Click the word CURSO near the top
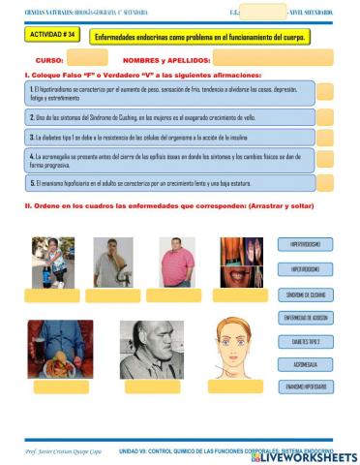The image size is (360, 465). (49, 59)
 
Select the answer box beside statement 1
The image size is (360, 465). (324, 92)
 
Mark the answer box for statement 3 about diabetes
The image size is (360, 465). (324, 138)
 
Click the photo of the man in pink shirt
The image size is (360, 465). (175, 262)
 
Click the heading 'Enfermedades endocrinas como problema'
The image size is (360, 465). (198, 37)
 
